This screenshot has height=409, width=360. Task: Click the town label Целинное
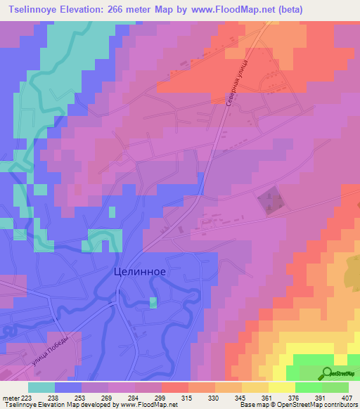139,273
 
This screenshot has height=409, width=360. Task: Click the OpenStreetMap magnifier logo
328,374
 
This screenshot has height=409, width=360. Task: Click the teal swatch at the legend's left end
41,387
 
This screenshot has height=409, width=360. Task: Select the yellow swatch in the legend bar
281,387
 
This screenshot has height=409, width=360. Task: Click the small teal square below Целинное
153,302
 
